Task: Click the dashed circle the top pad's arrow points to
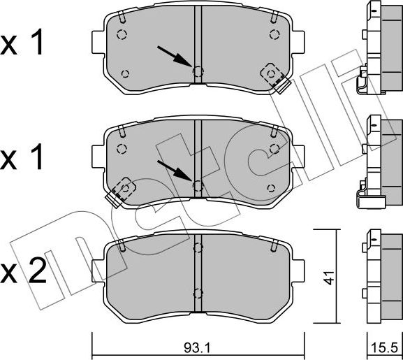(198, 71)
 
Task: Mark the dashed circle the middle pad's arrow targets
(198, 185)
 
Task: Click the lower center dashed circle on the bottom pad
(198, 294)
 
